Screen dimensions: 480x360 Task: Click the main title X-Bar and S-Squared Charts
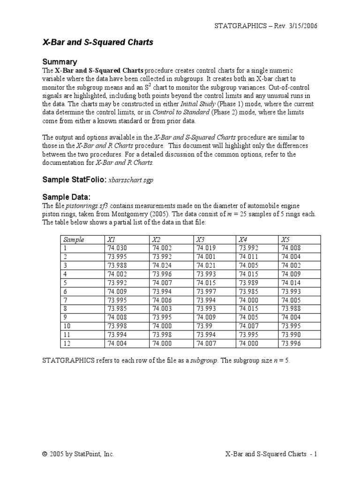(98, 43)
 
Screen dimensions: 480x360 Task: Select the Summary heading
(60, 61)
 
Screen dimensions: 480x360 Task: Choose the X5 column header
(285, 240)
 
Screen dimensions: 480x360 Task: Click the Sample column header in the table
(74, 240)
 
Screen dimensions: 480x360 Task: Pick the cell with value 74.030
(117, 248)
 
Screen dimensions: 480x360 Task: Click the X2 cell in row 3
(162, 265)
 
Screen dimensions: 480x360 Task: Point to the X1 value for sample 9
(117, 317)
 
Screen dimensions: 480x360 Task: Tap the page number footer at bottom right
(271, 454)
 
